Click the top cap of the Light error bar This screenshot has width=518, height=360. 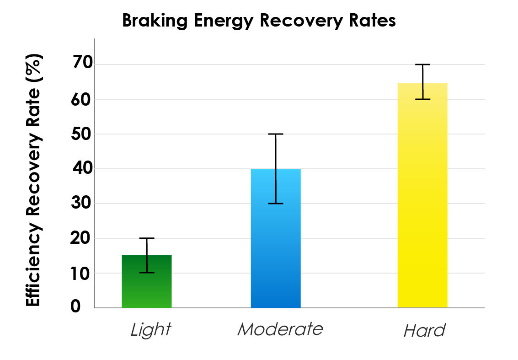tap(147, 238)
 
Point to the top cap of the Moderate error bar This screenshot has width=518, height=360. tap(276, 134)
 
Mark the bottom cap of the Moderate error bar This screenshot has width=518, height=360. tap(276, 204)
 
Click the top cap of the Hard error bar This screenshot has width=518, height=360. tap(423, 64)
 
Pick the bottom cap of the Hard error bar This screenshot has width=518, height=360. tap(423, 99)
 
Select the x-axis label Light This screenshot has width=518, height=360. tap(150, 329)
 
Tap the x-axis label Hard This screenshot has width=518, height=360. tap(424, 330)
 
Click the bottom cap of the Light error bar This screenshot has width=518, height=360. tap(147, 273)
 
